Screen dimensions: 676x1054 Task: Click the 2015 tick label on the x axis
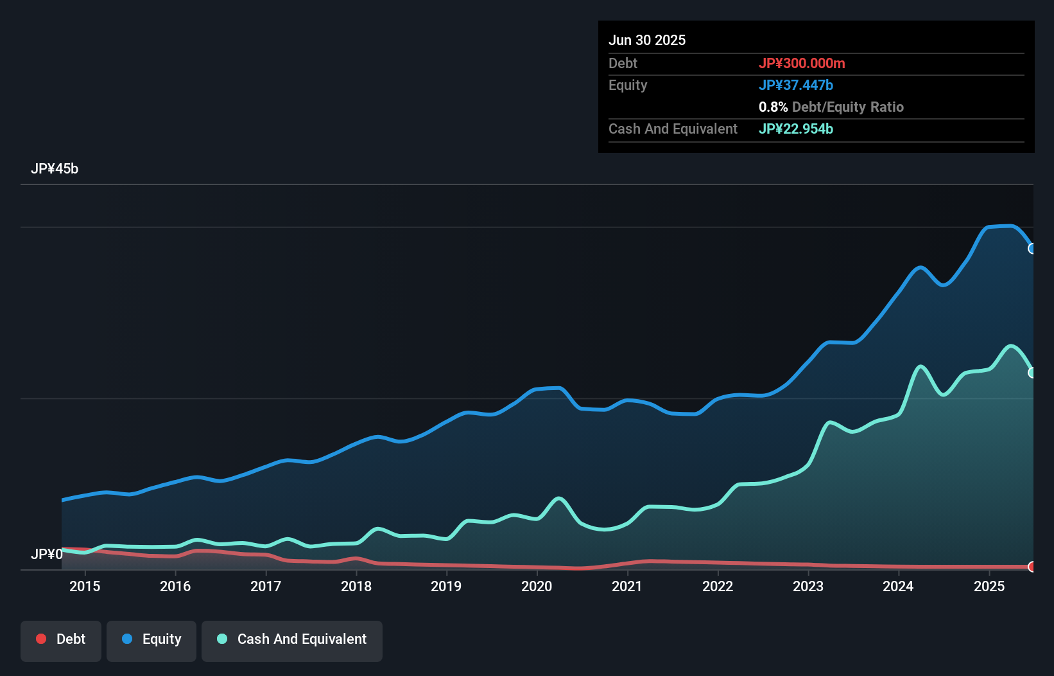pos(85,586)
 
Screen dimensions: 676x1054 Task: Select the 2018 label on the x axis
pos(356,586)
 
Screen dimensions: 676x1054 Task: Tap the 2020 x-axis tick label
pos(537,586)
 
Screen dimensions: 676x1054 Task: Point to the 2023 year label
pos(808,586)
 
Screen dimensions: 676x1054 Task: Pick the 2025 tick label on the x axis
pos(989,586)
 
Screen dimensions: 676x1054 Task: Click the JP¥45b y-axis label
pos(55,169)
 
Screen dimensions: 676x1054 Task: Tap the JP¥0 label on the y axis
pos(47,554)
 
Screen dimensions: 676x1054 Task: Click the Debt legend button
pos(61,639)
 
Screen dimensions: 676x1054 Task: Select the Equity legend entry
pos(151,639)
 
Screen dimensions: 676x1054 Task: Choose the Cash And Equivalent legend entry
pos(292,639)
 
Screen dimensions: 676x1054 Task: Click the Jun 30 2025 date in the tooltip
pos(647,40)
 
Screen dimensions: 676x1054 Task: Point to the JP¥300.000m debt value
pos(802,63)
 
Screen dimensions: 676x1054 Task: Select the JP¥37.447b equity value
pos(796,85)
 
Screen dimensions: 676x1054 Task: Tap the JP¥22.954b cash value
pos(796,129)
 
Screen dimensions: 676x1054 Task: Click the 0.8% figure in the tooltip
pos(773,107)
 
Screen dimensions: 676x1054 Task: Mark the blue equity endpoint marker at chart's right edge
pos(1032,249)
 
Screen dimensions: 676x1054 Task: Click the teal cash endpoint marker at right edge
pos(1032,373)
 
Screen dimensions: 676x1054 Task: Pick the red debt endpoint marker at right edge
pos(1032,567)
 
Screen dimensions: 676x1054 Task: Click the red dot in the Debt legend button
pos(41,639)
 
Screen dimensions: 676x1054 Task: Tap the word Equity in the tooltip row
pos(628,85)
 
